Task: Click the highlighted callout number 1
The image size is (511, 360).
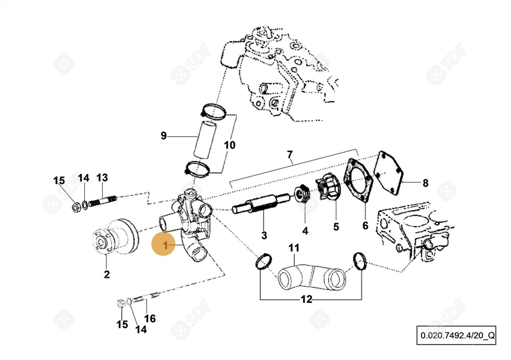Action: coord(166,246)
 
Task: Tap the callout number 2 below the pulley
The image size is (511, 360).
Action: coord(107,274)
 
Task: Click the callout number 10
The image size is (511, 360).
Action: coord(229,145)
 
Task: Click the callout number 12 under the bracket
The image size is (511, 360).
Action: coord(306,300)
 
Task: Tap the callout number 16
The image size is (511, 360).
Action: coord(150,318)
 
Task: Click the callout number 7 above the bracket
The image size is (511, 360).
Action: coord(289,154)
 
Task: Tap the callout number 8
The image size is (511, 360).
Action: coord(425,183)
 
